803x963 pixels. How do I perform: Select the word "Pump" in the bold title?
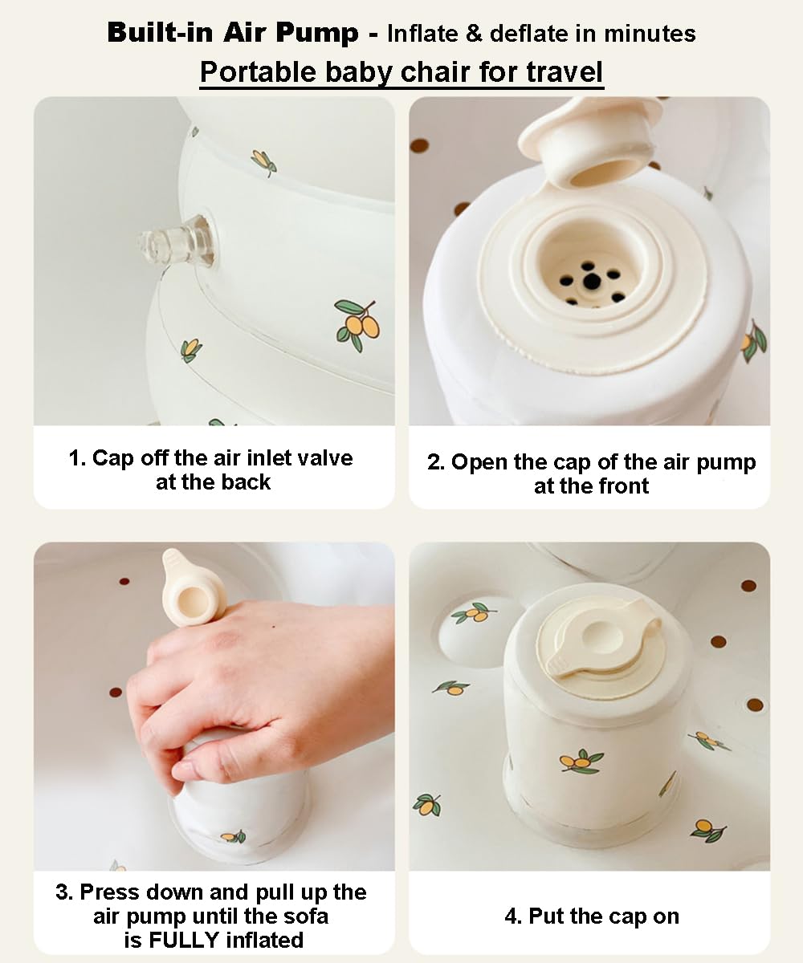point(317,33)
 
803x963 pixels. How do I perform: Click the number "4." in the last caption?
point(513,916)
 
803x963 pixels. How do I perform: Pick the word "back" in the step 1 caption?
point(246,482)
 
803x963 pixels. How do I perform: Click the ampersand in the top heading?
point(474,34)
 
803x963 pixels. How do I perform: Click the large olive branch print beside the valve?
point(357,324)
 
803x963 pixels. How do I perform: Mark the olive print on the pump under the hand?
point(234,835)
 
